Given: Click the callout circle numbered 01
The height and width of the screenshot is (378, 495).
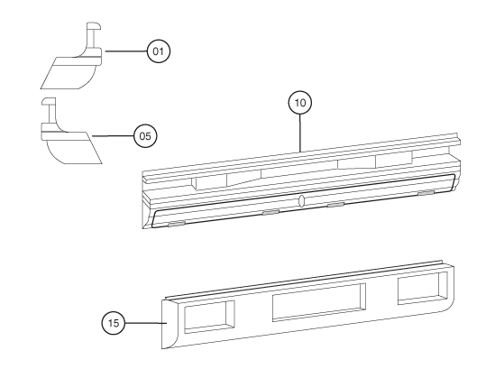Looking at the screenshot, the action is (x=159, y=51).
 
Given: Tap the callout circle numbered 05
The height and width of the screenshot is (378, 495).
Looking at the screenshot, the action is (x=145, y=136).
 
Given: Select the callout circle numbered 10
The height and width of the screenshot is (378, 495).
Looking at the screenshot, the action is (x=300, y=103).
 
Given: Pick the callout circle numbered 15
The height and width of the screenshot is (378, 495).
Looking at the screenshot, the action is (x=114, y=323).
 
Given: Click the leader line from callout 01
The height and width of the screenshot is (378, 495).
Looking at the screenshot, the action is (x=126, y=51).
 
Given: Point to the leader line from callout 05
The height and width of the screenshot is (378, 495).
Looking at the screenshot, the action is (x=113, y=136).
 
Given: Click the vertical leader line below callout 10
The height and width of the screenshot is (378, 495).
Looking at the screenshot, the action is (x=300, y=133).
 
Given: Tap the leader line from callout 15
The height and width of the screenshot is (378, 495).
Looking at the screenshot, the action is (x=145, y=323).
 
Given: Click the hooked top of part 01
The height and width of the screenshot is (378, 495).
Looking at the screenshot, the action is (x=94, y=26).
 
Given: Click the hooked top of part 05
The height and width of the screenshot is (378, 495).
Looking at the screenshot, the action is (x=49, y=101).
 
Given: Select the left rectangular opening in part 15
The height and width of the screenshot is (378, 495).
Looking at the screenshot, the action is (x=209, y=317).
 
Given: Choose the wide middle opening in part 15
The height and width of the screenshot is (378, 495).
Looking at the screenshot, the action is (x=319, y=302).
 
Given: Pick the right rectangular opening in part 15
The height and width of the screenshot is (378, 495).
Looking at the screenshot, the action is (x=423, y=288).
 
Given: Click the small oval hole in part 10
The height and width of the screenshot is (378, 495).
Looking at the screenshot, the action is (x=301, y=200).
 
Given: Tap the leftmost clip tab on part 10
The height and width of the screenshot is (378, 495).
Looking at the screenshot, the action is (x=176, y=224).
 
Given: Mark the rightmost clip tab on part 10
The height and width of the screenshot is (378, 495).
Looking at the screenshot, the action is (x=426, y=192).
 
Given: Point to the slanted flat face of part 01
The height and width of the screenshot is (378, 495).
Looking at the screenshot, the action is (x=67, y=73).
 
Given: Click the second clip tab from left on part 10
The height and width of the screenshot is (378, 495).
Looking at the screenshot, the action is (x=270, y=211).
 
